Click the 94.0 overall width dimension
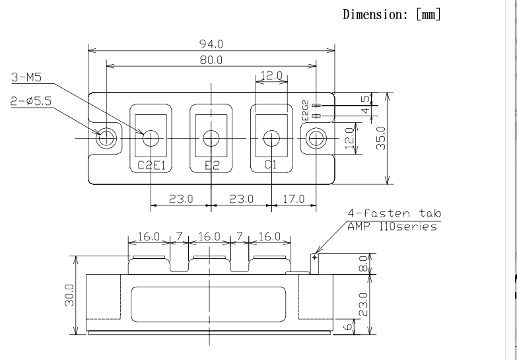tap(211, 44)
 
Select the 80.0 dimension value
tap(211, 60)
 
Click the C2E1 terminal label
tap(151, 165)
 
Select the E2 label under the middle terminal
tap(211, 165)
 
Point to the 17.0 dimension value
tap(293, 198)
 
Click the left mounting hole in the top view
tap(106, 138)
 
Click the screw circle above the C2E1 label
tap(151, 138)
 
